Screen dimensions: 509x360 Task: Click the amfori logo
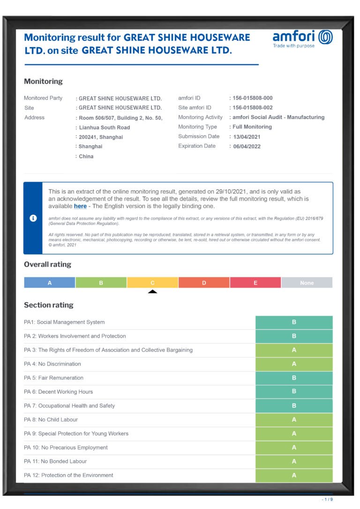[302, 38]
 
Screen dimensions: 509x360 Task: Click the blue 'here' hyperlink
[80, 206]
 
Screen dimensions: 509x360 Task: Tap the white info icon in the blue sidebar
[33, 218]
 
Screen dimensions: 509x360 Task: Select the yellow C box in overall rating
[152, 283]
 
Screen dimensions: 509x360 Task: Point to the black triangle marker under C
[152, 292]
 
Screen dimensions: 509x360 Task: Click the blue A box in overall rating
[50, 283]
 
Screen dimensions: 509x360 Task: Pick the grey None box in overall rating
[307, 283]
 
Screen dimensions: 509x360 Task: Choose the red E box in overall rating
[255, 283]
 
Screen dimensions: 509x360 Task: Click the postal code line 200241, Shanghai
[101, 137]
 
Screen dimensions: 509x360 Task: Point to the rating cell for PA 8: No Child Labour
[294, 419]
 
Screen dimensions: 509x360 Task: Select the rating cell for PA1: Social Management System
[294, 322]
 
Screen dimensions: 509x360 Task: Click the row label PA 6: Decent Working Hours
[59, 392]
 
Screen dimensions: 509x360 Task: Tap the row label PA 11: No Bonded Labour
[55, 461]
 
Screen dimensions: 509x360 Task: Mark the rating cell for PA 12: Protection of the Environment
[294, 475]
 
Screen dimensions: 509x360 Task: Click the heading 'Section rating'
[49, 305]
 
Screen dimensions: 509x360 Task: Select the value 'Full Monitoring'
[252, 127]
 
